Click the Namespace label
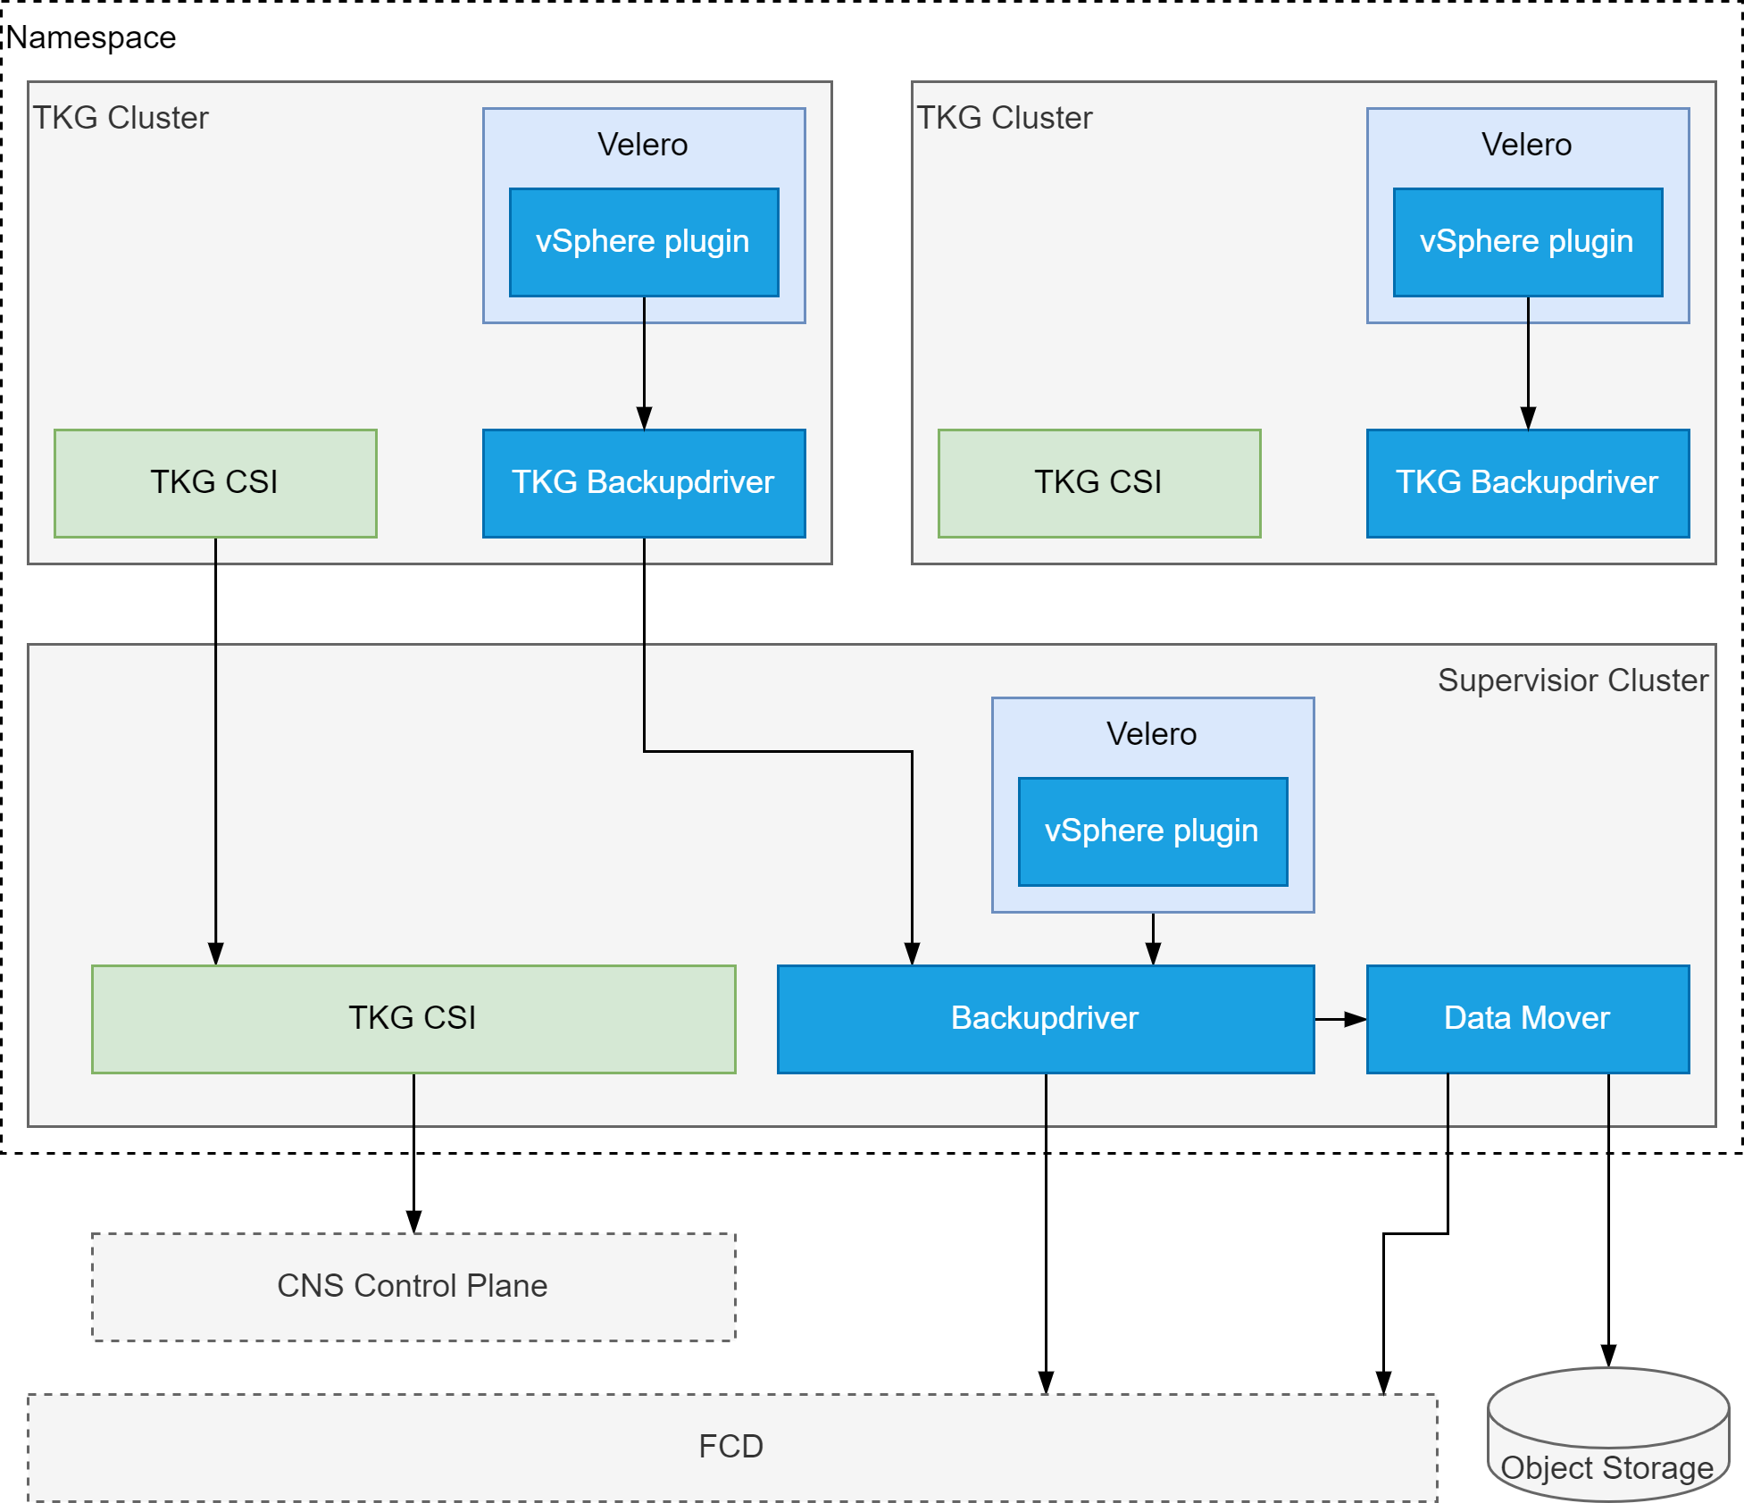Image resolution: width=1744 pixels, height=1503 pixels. pos(91,38)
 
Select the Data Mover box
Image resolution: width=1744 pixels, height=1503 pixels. pos(1527,1018)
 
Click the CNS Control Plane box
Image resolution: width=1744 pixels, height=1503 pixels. pos(413,1286)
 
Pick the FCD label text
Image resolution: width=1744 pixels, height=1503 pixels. pos(730,1446)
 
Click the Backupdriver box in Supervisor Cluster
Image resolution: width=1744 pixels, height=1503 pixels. pos(1045,1018)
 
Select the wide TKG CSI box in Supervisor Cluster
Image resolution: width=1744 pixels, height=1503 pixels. pos(413,1018)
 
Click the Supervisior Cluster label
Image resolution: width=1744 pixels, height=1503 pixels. pos(1573,681)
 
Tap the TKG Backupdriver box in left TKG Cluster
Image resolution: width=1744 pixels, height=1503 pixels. pos(643,482)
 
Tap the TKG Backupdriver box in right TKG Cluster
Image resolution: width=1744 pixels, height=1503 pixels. pos(1527,482)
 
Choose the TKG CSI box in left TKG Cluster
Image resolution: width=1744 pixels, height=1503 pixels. pos(214,482)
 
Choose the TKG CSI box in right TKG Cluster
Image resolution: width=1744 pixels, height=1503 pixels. pos(1098,482)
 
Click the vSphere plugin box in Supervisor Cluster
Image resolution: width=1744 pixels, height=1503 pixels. pos(1152,831)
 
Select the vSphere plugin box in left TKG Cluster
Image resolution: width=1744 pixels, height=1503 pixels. pos(643,241)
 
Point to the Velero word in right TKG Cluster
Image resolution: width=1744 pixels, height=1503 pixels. pos(1526,145)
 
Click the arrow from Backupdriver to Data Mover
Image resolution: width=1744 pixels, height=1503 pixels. pos(1339,1019)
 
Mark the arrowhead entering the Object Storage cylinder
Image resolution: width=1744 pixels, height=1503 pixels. pos(1608,1356)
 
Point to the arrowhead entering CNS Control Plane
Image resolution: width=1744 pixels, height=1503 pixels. pos(413,1222)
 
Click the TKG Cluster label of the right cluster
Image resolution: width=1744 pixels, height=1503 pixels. pos(1005,118)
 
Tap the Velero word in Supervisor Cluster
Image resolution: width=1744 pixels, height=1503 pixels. pos(1151,734)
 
